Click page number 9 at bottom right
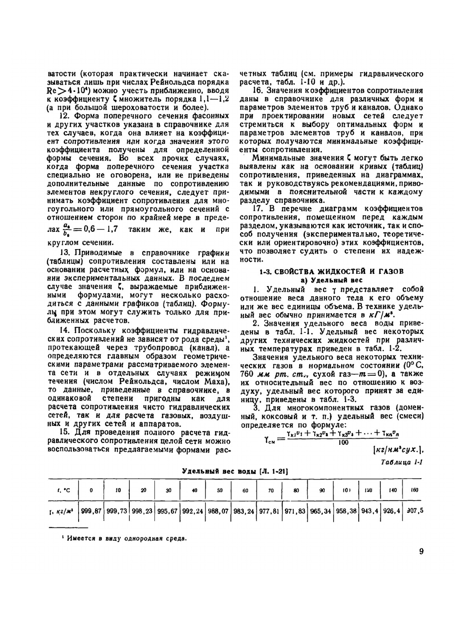[x=420, y=551]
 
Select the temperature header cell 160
[x=414, y=490]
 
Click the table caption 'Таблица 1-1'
[x=402, y=462]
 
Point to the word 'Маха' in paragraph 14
[x=214, y=382]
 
